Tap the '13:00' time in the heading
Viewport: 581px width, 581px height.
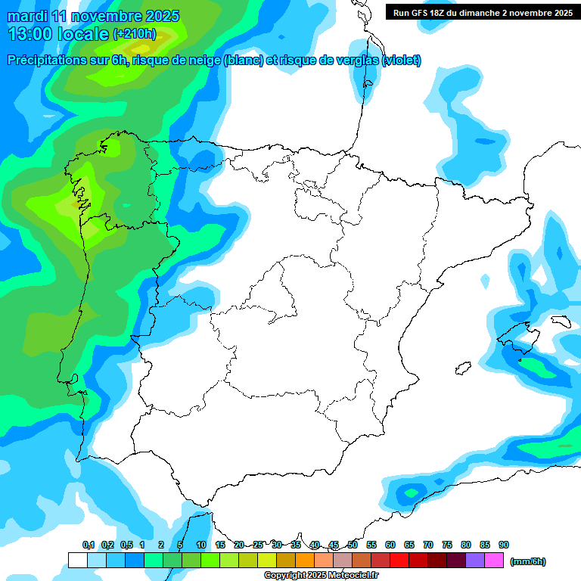click(30, 33)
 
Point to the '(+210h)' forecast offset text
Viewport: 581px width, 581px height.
click(134, 34)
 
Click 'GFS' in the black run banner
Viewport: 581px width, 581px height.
click(417, 13)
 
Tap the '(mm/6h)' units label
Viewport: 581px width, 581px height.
click(528, 561)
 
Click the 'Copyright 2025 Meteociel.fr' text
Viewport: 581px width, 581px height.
click(321, 576)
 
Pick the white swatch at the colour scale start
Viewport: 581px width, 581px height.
click(77, 561)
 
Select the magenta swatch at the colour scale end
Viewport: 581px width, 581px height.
click(495, 561)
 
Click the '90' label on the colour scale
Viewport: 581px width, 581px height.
click(504, 545)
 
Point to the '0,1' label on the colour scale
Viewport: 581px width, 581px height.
click(89, 545)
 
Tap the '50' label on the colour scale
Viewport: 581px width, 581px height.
click(353, 545)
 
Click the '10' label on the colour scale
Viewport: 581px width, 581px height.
click(201, 545)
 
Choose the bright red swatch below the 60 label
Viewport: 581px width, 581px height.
click(399, 561)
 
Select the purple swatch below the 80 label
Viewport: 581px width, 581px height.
click(475, 561)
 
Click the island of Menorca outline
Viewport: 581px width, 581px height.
click(559, 321)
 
